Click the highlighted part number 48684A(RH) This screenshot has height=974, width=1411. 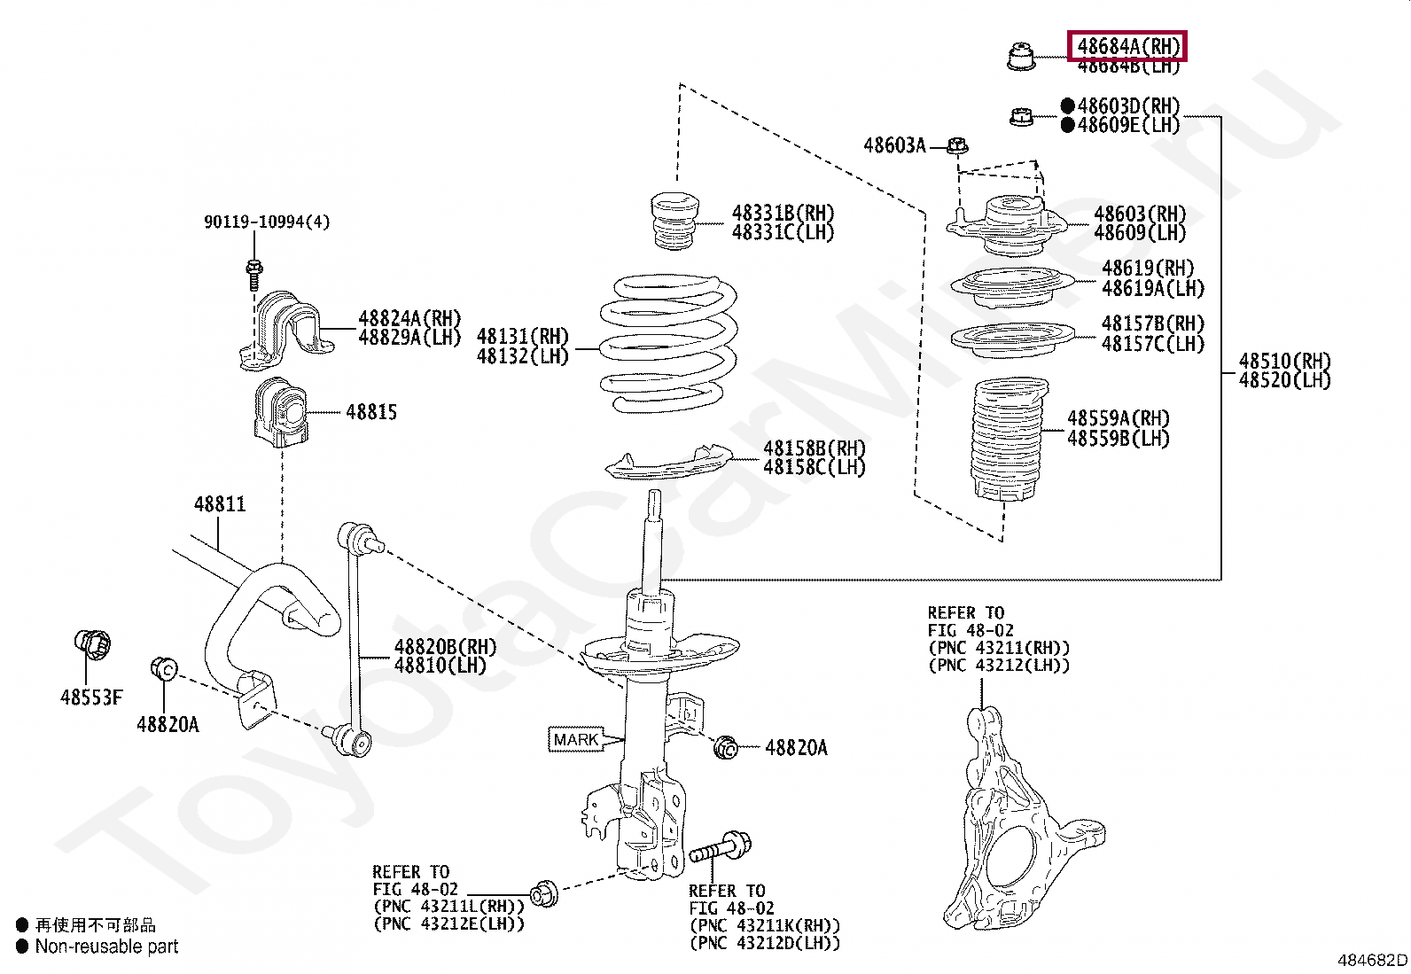(1127, 45)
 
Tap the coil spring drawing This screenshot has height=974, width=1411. (669, 346)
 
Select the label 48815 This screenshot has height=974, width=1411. (371, 412)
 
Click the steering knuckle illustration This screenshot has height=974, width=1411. (1019, 824)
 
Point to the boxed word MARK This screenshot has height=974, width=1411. (575, 739)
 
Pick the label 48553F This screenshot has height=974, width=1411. (91, 697)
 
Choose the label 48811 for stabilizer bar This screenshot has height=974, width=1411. (220, 504)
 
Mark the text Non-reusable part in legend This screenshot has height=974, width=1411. (106, 947)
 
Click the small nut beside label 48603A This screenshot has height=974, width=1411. (957, 145)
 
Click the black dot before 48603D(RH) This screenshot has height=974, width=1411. (1067, 105)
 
